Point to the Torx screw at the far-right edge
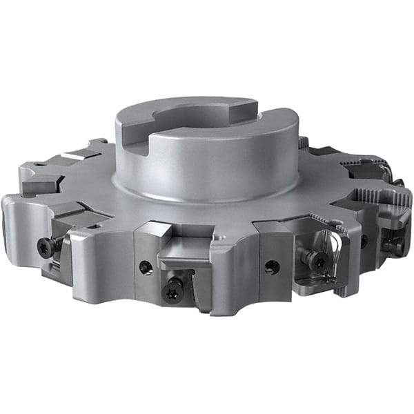394,244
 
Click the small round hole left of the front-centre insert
146,266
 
